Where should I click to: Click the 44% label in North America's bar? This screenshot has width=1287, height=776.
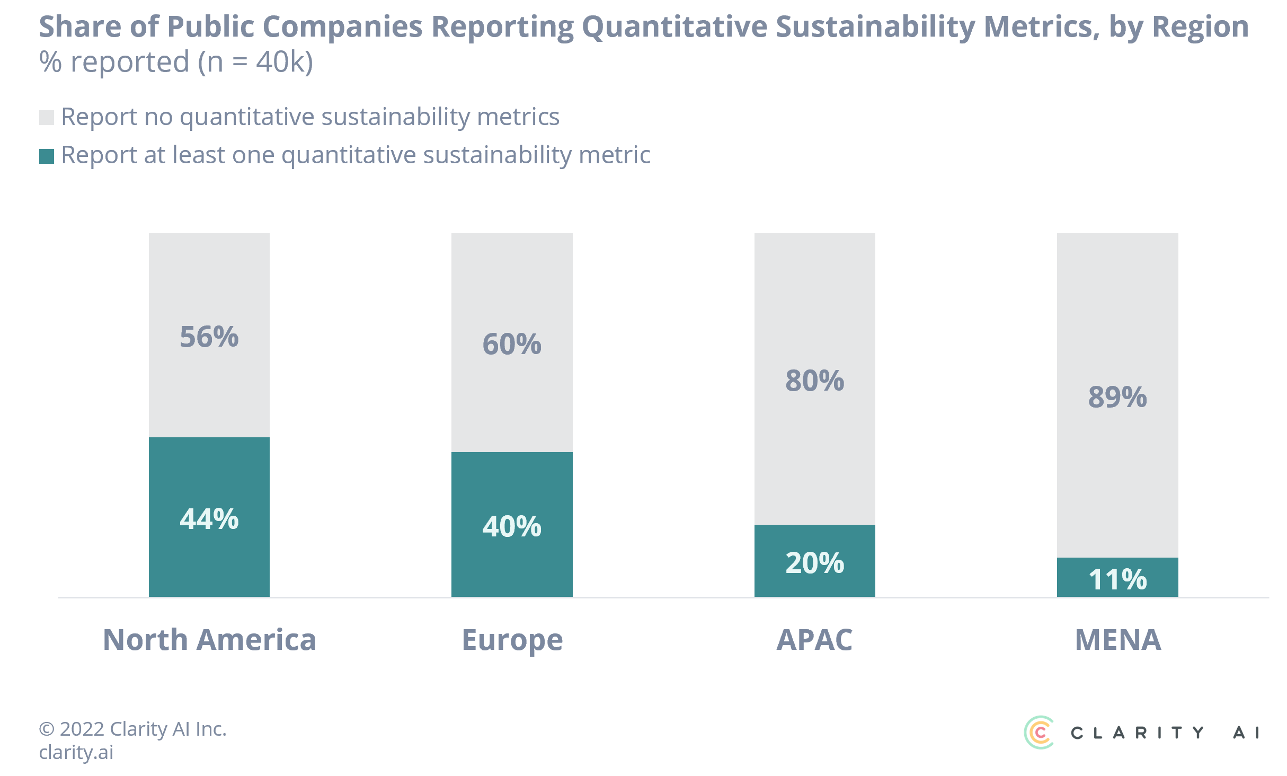[209, 519]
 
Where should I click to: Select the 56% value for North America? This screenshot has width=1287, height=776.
[209, 337]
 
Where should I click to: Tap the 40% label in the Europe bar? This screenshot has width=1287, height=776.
[512, 526]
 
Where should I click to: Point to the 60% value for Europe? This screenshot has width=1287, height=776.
[512, 345]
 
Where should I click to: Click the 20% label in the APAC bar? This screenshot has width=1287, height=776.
[815, 563]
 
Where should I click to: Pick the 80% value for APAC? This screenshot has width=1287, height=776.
[815, 381]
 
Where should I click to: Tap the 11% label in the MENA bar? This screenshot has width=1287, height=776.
[1117, 579]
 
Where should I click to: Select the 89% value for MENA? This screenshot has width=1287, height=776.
[1117, 398]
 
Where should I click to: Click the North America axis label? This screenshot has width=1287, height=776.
[209, 640]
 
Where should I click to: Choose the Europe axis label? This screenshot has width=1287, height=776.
[512, 640]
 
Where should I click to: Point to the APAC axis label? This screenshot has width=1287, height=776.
[815, 640]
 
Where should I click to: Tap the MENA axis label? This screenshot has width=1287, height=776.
[1118, 640]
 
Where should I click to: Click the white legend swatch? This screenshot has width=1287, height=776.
[47, 118]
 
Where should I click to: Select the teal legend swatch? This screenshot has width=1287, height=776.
[47, 156]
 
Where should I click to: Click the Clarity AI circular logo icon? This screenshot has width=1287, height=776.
[1039, 733]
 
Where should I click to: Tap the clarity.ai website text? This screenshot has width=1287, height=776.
[76, 752]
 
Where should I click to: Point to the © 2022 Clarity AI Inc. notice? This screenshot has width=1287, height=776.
[132, 729]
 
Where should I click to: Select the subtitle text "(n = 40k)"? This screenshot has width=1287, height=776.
[255, 62]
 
